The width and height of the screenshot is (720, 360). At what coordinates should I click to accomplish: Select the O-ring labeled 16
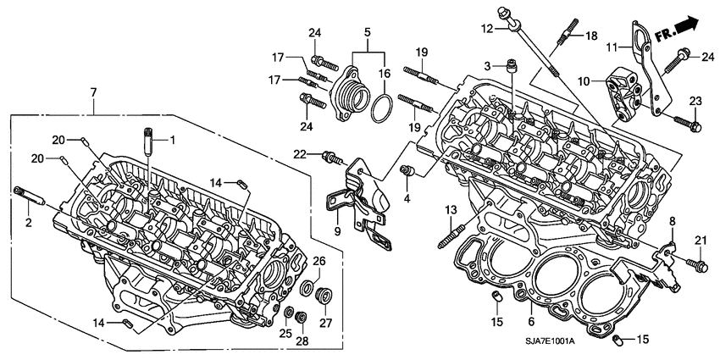(382, 109)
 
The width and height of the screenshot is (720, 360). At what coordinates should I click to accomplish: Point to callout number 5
(366, 35)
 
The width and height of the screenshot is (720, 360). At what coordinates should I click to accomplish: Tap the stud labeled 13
(446, 233)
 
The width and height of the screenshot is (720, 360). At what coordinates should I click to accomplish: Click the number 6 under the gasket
(532, 321)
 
